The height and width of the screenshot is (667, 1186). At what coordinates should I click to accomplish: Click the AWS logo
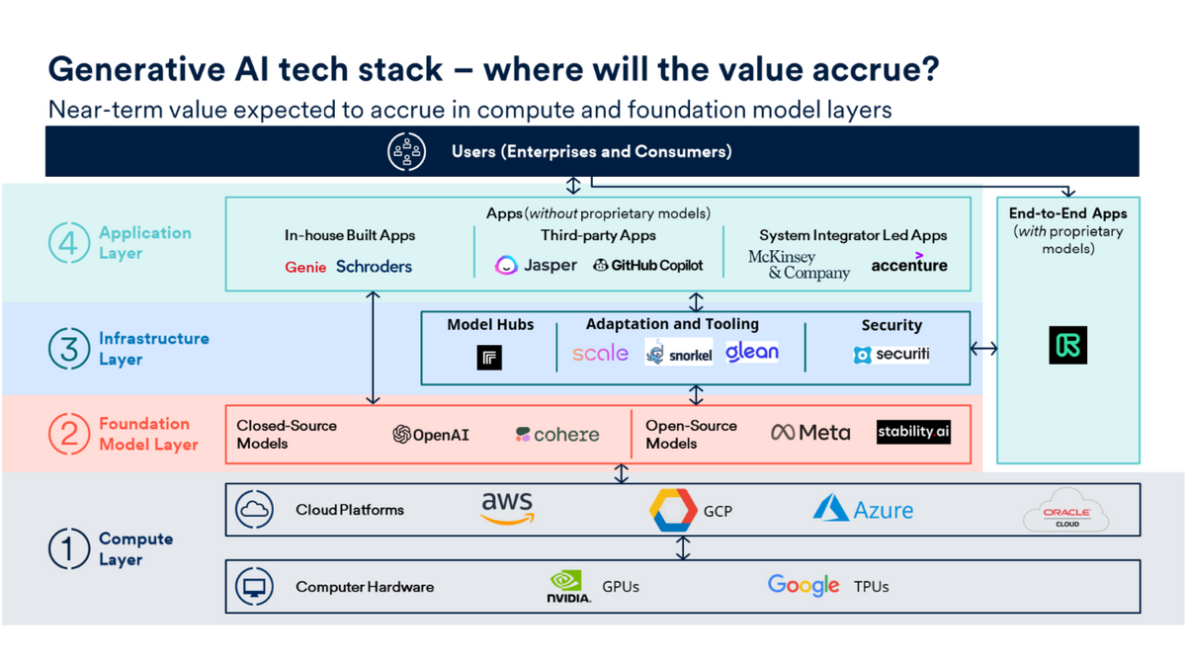[507, 509]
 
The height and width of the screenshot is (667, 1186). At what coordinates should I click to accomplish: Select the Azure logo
[863, 509]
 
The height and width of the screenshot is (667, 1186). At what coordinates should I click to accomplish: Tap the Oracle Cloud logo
[1066, 513]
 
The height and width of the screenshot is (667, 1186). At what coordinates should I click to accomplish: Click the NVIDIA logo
[569, 587]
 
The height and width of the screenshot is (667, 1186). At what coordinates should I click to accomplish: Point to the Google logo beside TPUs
[804, 586]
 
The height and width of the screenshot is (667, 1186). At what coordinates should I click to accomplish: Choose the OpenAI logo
[431, 435]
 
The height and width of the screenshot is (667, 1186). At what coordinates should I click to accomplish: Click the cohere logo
[557, 435]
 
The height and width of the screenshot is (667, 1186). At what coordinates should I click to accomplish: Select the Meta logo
[810, 433]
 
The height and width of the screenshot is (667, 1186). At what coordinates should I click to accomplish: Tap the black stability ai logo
[913, 432]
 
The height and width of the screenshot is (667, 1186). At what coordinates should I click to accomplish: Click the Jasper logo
[536, 266]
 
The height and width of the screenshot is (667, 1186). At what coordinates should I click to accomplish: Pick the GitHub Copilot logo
[648, 266]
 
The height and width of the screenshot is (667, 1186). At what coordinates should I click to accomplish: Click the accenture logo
[909, 265]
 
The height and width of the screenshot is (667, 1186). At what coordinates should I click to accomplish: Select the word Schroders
[374, 266]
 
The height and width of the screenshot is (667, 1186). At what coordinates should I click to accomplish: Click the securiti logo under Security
[891, 354]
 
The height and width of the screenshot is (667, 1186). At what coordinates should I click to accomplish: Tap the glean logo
[752, 352]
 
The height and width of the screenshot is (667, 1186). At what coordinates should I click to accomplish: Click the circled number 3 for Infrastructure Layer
[69, 349]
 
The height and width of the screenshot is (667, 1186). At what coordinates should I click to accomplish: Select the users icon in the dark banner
[406, 152]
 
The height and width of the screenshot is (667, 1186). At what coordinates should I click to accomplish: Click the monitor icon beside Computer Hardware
[255, 587]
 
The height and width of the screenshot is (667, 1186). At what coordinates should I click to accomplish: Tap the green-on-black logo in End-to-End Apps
[1067, 346]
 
